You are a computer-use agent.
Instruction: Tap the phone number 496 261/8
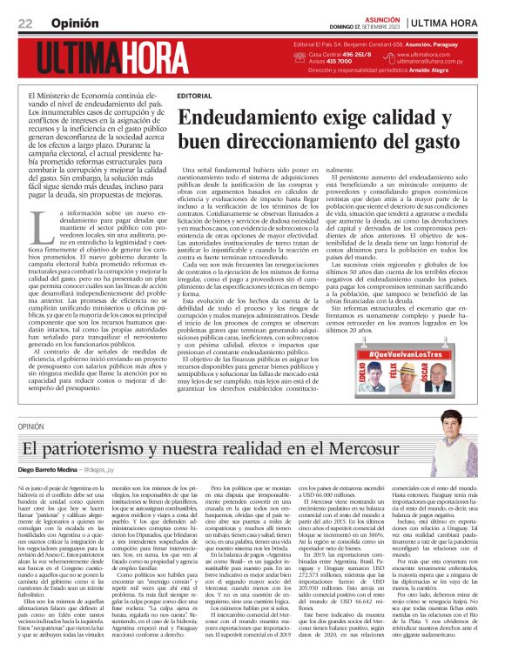(x=362, y=54)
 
